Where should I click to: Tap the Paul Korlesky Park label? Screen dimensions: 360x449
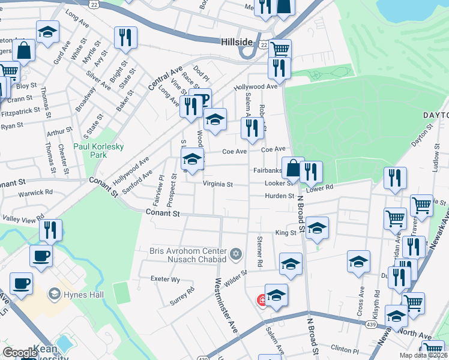[x=90, y=150]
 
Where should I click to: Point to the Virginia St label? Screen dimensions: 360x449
[x=217, y=184]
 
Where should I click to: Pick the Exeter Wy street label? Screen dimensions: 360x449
[x=166, y=280]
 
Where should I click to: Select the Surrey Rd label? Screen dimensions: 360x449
[x=182, y=296]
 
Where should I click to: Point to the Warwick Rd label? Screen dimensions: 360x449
[x=35, y=193]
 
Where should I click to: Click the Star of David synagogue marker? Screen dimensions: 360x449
[x=235, y=255]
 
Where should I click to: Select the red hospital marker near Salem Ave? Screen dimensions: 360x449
[x=262, y=299]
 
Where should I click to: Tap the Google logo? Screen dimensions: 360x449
[x=20, y=353]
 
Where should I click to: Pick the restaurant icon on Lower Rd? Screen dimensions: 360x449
[x=310, y=172]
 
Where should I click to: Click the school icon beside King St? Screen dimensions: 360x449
[x=317, y=227]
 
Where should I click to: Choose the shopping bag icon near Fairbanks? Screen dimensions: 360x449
[x=292, y=168]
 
